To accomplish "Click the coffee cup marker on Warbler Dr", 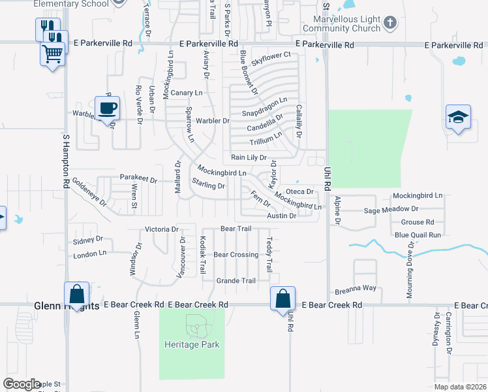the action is click(107, 108).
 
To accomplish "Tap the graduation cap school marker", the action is click(459, 118).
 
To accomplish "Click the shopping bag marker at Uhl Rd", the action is click(283, 299).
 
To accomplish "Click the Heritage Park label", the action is click(192, 344).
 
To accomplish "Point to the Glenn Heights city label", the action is click(66, 305).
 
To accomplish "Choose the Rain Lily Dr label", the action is click(249, 157).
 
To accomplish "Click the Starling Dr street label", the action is click(208, 186).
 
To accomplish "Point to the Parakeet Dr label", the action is click(138, 178).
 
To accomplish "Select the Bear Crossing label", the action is click(236, 255).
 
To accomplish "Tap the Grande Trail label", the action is click(236, 281).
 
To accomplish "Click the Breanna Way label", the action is click(356, 287).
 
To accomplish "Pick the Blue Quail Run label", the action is click(418, 235).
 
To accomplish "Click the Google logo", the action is click(21, 384).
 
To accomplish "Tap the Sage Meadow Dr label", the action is click(391, 209).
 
